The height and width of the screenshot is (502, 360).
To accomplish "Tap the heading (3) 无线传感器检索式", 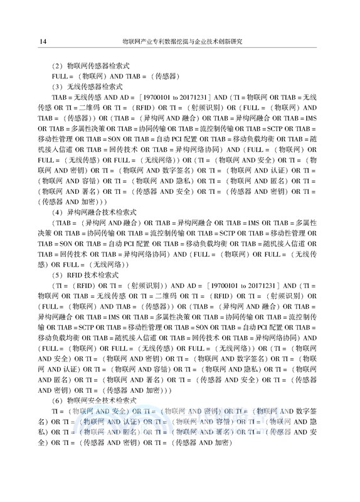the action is coord(87,86).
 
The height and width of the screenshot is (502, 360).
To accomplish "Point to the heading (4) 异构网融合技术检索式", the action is coord(95,211).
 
